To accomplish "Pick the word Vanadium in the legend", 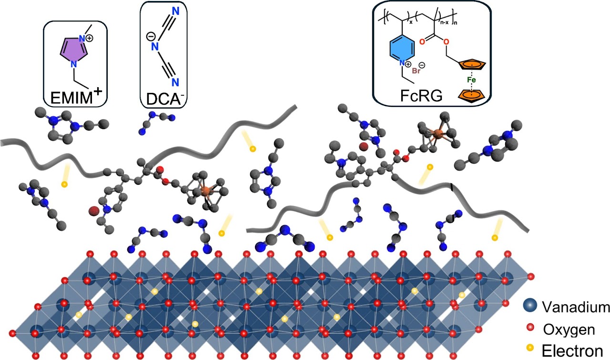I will [576, 307].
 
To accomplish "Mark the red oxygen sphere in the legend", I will [529, 329].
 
